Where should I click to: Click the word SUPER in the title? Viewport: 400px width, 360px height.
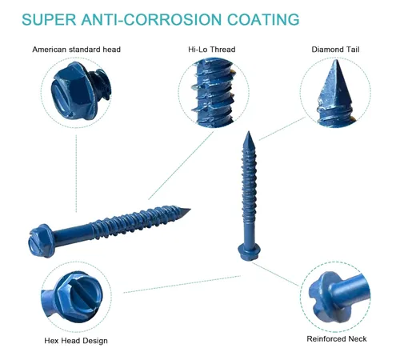click(49, 19)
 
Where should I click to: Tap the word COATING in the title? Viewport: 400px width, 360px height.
click(263, 19)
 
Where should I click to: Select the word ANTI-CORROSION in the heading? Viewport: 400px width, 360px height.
click(151, 19)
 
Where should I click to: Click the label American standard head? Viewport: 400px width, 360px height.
click(77, 50)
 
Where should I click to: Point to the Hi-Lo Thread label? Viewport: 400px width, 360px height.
click(212, 50)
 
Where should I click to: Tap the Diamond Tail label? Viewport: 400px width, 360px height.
click(335, 50)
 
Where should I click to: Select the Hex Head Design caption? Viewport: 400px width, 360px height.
click(76, 341)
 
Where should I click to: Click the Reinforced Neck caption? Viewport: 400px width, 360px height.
click(337, 338)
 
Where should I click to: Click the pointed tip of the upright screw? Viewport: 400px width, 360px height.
click(249, 131)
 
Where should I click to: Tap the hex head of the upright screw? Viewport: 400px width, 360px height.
click(249, 252)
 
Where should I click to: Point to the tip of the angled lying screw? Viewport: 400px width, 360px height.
click(190, 209)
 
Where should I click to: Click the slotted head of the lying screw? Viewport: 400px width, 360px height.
click(40, 241)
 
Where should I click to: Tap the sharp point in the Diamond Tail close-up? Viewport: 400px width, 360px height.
click(335, 60)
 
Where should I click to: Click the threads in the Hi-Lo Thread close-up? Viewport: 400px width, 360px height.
click(214, 93)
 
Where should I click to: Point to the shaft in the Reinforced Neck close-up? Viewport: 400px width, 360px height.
click(350, 290)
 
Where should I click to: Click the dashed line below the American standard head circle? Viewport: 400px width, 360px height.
click(76, 174)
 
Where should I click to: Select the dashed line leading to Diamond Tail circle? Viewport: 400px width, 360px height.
click(282, 129)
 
